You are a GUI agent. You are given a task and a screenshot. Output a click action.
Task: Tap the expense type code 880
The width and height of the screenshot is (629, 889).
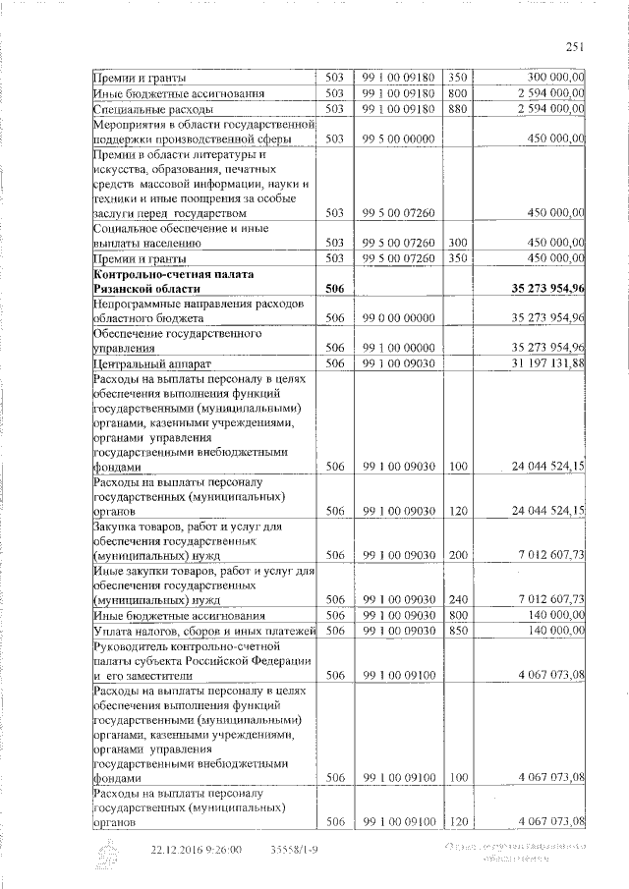coord(457,108)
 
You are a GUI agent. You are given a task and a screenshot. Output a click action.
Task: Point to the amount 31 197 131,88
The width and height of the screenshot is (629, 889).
coord(543,363)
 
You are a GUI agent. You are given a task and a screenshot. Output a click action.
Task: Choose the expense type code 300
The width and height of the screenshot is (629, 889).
coord(457,242)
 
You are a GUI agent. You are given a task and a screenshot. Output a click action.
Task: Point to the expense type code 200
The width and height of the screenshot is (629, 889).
coord(457,555)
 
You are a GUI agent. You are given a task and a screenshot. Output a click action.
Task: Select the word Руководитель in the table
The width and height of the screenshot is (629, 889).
coord(134,646)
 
